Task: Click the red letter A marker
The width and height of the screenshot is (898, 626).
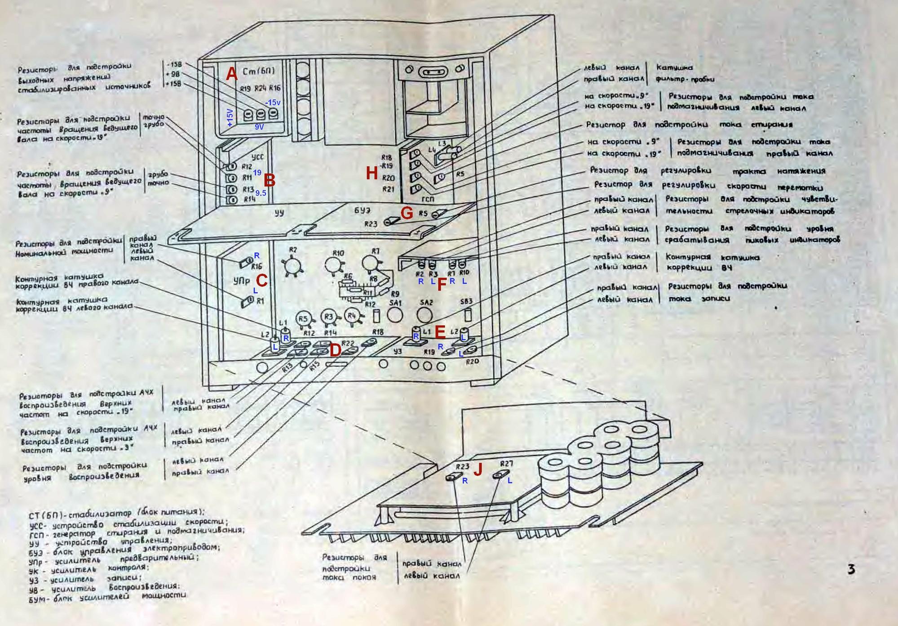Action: (x=231, y=74)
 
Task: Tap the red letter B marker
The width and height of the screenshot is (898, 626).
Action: (x=269, y=181)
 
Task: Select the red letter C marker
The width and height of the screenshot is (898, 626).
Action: (x=261, y=281)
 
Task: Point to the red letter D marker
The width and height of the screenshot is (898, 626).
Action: (x=335, y=350)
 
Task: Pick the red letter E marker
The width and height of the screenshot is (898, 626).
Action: (x=440, y=332)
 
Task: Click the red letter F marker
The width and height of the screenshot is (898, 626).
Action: (x=442, y=285)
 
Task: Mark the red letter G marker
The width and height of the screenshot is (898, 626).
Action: (x=406, y=213)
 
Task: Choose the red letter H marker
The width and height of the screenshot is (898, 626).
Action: (x=372, y=173)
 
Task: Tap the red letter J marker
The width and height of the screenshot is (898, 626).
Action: (x=478, y=469)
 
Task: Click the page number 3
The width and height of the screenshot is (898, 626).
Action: (x=851, y=570)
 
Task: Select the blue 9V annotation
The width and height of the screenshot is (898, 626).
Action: (x=259, y=127)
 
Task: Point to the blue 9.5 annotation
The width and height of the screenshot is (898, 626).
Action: (x=261, y=193)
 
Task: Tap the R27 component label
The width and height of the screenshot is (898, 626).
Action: (x=506, y=464)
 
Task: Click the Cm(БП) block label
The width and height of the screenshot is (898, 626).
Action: (x=258, y=71)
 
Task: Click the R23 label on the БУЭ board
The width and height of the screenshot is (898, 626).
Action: (x=371, y=224)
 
